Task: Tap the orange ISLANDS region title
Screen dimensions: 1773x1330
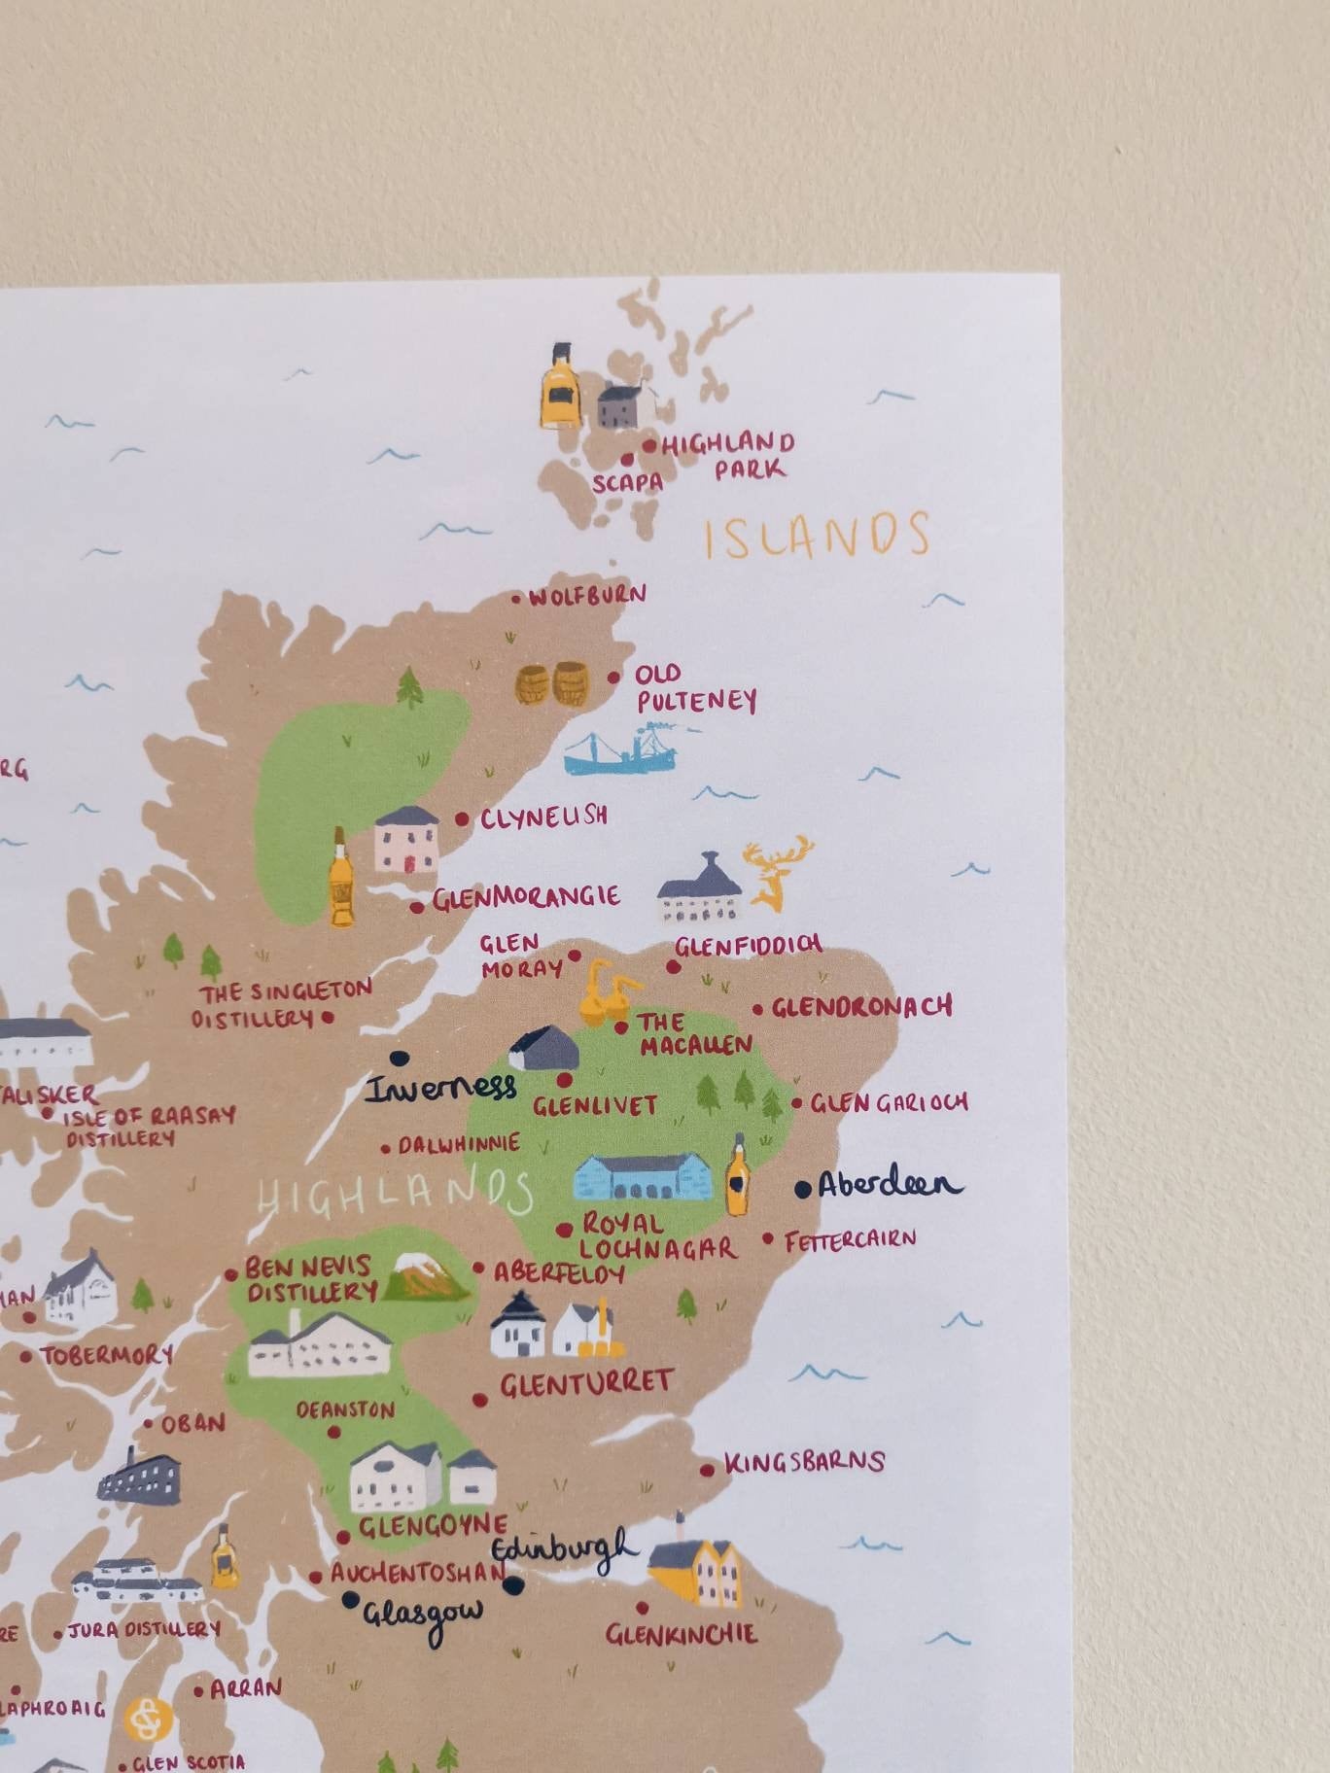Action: pos(817,536)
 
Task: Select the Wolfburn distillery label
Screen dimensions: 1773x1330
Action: pos(587,596)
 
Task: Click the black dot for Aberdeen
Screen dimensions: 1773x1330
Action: pos(803,1189)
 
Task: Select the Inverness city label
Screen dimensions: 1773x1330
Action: pos(439,1088)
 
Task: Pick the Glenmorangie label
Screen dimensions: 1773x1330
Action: pos(526,897)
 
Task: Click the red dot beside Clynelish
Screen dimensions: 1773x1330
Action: pos(463,819)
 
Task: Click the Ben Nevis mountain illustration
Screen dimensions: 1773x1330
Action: pos(425,1276)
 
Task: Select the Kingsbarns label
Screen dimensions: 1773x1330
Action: pos(804,1462)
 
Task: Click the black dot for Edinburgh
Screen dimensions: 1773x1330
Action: pos(514,1585)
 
